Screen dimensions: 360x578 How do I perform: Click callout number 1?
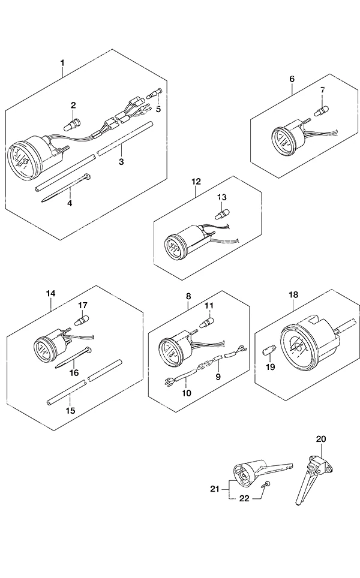point(62,63)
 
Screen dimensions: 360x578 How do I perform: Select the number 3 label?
point(121,161)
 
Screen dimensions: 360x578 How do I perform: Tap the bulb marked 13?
point(223,213)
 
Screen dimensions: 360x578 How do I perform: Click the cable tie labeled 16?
point(73,357)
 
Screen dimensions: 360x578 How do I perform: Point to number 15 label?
point(70,410)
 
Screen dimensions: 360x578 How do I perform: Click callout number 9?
point(218,377)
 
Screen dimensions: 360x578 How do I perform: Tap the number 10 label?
point(187,393)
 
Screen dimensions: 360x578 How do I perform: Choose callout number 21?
point(215,489)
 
